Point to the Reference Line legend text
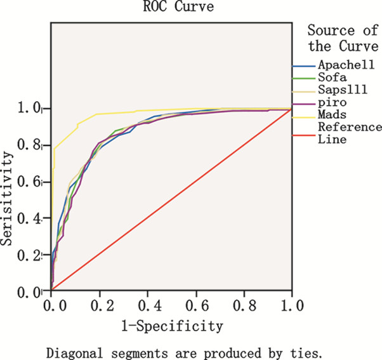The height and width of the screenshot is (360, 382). (342, 133)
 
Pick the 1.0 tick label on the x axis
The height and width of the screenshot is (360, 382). (291, 307)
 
